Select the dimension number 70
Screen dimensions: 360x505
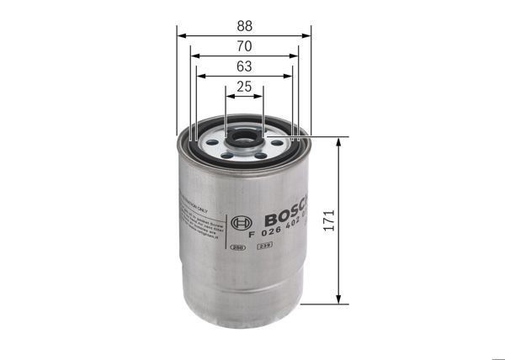point(243,46)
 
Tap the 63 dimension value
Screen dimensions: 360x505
point(243,66)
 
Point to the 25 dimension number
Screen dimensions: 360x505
point(243,86)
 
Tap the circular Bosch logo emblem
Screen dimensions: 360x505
point(247,223)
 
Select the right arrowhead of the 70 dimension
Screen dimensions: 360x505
point(294,56)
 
